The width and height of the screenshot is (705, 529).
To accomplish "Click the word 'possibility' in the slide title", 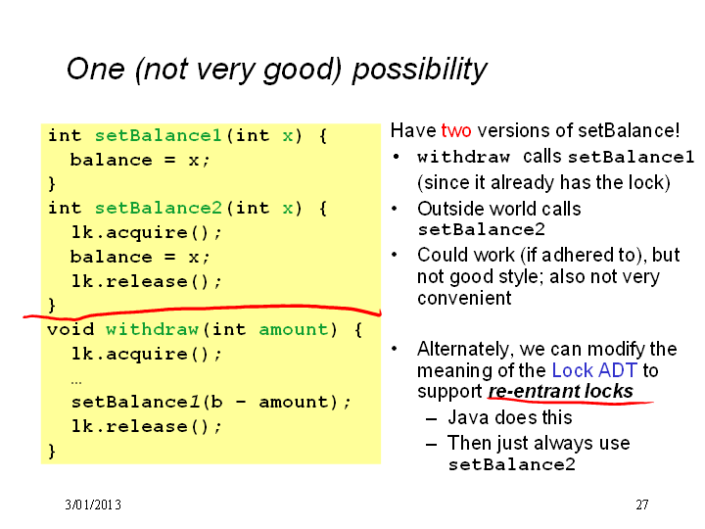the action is tap(419, 70).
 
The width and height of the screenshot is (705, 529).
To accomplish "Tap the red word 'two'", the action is tap(456, 130).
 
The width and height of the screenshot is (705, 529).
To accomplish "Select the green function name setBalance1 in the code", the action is tap(158, 135).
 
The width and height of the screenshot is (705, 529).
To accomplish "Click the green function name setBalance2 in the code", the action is tap(158, 208).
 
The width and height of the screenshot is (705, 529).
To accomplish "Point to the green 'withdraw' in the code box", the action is tap(152, 329).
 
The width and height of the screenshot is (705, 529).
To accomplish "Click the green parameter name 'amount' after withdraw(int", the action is tap(294, 329).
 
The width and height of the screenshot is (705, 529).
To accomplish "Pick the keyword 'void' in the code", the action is tap(70, 329).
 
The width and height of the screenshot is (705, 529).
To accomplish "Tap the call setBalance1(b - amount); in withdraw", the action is tap(211, 402).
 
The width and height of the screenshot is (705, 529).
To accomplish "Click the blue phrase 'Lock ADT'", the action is tap(594, 370).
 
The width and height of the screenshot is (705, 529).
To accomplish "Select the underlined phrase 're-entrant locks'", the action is tap(561, 391).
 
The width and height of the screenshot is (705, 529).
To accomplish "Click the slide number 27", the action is tap(642, 505).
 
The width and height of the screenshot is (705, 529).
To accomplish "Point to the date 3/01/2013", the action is tap(93, 505).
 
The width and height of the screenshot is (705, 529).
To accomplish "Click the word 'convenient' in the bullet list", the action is tap(464, 298).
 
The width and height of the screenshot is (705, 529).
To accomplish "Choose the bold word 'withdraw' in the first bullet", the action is tap(463, 157).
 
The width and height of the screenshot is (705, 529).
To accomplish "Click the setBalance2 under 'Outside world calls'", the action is tap(481, 229).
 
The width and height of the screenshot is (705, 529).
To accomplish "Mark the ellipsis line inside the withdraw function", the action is tap(76, 382).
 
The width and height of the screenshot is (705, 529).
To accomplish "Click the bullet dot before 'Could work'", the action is tap(395, 255).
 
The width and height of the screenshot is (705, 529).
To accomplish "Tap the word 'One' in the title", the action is tap(95, 69).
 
